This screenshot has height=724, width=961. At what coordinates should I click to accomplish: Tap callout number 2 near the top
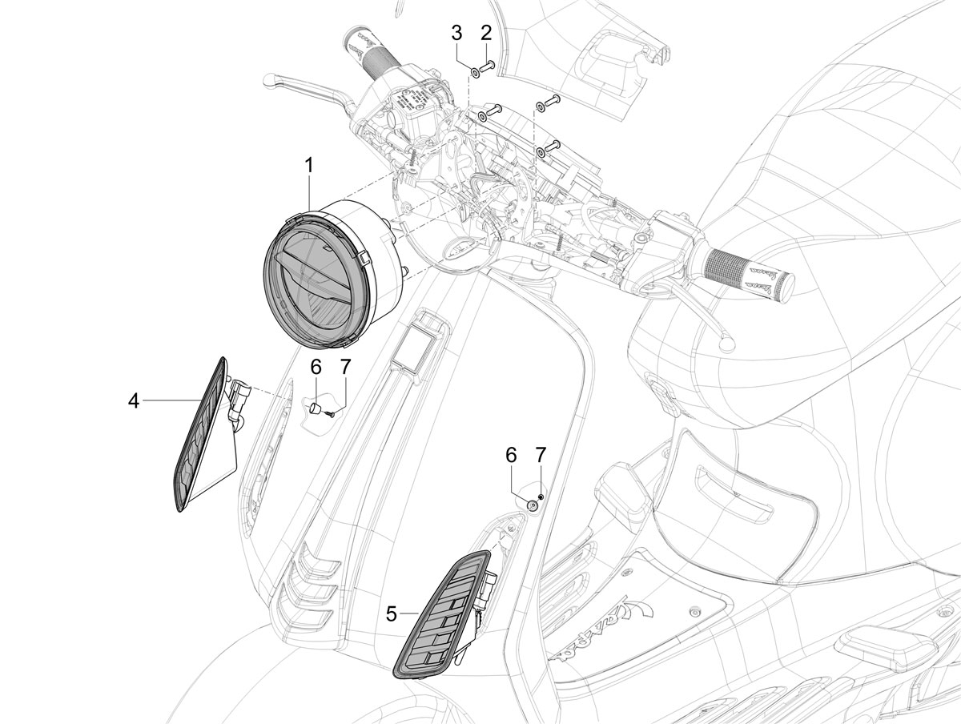click(x=485, y=33)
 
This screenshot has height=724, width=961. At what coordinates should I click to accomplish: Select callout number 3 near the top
click(x=456, y=33)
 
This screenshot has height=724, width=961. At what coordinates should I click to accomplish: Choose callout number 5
click(x=392, y=614)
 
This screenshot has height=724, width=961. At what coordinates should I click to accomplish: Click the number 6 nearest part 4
click(x=316, y=368)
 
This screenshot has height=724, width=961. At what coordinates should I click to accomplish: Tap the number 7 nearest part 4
click(x=345, y=368)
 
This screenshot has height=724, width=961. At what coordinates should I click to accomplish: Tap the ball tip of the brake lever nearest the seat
click(x=727, y=345)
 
